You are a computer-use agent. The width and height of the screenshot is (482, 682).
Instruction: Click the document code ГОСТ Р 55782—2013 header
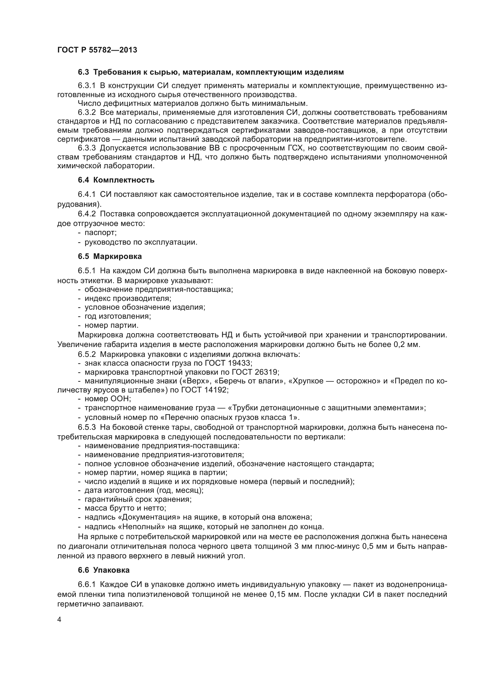point(97,50)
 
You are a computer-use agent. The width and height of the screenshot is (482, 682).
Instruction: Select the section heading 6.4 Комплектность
point(116,180)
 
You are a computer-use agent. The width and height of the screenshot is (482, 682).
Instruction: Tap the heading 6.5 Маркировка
point(110,256)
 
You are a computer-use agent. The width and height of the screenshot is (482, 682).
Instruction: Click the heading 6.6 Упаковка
point(103,570)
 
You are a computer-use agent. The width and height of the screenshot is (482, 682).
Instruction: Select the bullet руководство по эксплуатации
point(141,242)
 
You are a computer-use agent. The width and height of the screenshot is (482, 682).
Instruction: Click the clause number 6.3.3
point(87,148)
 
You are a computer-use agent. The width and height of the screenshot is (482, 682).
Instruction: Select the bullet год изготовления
point(117,316)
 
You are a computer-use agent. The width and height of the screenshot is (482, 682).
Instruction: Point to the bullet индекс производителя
point(128,298)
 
